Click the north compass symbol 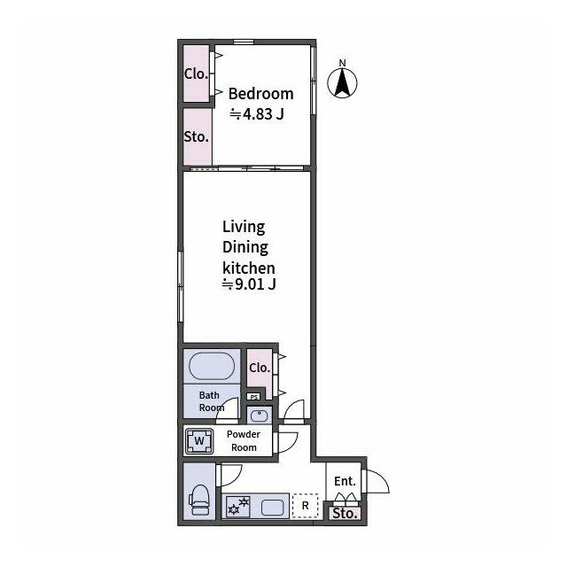coord(342,80)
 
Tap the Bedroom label coord(260,94)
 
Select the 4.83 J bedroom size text coord(257,114)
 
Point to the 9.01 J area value coord(249,283)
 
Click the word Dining coord(245,247)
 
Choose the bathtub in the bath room coord(212,366)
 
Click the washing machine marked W coord(198,441)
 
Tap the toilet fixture coord(199,500)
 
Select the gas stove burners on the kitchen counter coord(238,506)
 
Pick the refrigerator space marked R coord(305,506)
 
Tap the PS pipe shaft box coord(254,397)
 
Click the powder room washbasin coord(260,416)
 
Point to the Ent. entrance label coord(345,481)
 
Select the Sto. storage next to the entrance coord(345,514)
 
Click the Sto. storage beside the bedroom coord(197,137)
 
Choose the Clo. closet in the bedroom coord(197,74)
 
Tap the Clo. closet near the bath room coord(260,369)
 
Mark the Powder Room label coord(244,441)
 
